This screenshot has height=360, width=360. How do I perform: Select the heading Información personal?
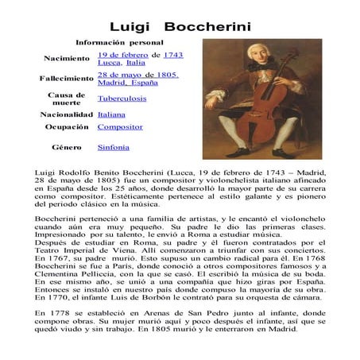click(x=119, y=41)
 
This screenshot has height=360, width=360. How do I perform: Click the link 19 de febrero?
click(x=123, y=54)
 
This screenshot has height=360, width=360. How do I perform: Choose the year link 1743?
click(x=173, y=54)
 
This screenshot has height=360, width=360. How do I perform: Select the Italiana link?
click(x=112, y=114)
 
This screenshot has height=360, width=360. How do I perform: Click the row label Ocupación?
click(x=66, y=127)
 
